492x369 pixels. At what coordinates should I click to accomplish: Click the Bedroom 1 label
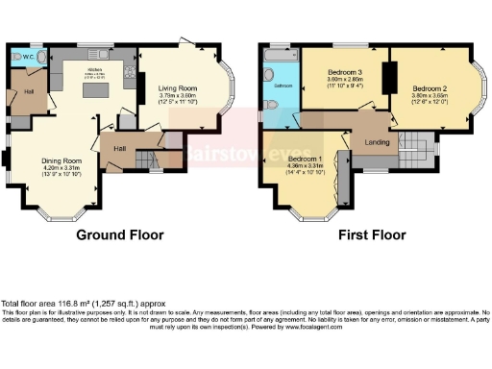tap(305, 159)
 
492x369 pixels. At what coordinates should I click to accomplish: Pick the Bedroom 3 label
tap(342, 74)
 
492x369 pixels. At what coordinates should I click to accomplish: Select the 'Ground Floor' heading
tap(120, 234)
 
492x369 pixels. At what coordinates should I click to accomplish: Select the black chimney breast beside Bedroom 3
tap(389, 77)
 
